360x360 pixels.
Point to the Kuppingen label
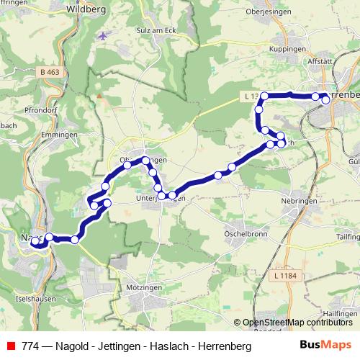pyautogui.click(x=287, y=48)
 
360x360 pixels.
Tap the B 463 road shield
pyautogui.click(x=50, y=72)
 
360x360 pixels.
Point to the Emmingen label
pyautogui.click(x=60, y=135)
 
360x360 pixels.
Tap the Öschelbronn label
pyautogui.click(x=246, y=233)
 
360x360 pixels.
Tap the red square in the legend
pyautogui.click(x=11, y=346)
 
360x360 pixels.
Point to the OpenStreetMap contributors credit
pyautogui.click(x=297, y=323)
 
